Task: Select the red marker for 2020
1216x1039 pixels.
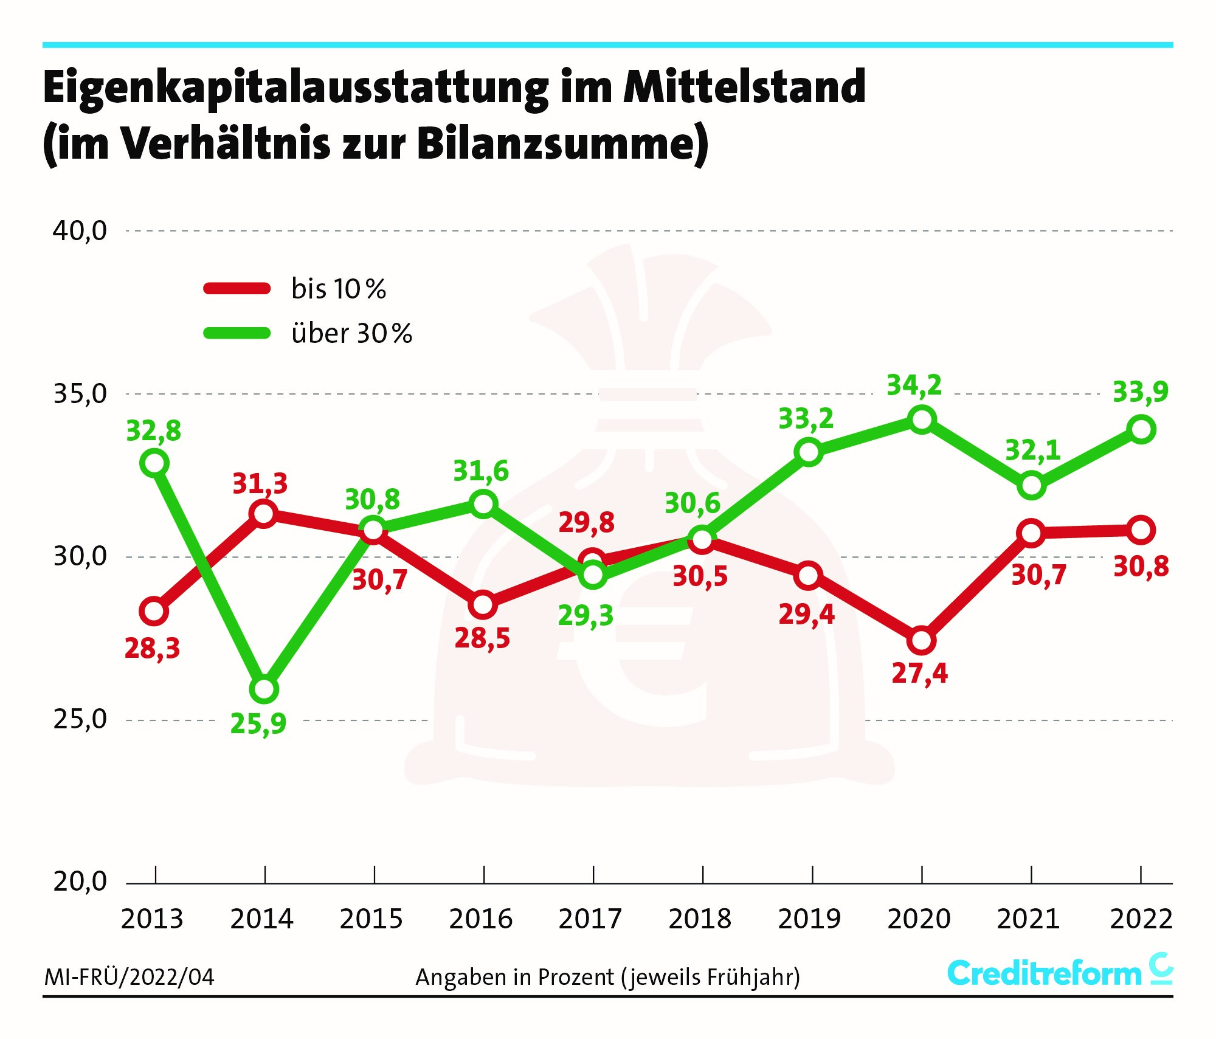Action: (922, 640)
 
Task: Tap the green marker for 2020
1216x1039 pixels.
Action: (922, 419)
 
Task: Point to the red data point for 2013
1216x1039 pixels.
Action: (154, 611)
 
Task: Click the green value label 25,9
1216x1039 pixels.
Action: (258, 723)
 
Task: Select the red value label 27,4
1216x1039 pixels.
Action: (919, 674)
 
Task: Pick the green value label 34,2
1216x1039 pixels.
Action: (914, 385)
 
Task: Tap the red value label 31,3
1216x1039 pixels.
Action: (260, 484)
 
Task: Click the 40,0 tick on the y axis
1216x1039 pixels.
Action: (80, 231)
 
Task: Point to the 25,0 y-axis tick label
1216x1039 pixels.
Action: (80, 720)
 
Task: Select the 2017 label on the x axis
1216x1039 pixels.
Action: (590, 919)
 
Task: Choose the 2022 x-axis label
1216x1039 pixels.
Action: (1141, 919)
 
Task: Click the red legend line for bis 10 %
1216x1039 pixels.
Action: (237, 289)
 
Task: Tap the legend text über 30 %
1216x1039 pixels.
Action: (352, 334)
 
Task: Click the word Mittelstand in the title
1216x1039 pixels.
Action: (744, 88)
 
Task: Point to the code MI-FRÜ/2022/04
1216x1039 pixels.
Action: (130, 978)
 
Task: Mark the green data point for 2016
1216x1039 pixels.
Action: (483, 503)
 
